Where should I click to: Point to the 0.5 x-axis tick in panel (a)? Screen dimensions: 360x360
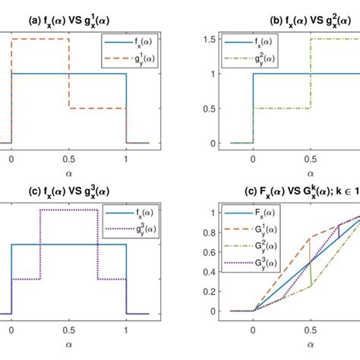[68, 153]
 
